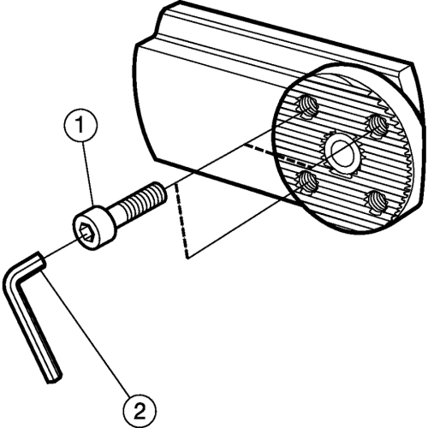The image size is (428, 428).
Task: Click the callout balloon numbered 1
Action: (x=80, y=125)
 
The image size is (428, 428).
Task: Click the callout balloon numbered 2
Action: (x=140, y=411)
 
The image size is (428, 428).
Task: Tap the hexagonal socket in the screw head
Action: (x=86, y=233)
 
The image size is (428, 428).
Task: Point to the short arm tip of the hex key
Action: (x=39, y=259)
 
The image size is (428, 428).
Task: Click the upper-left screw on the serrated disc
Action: (x=307, y=107)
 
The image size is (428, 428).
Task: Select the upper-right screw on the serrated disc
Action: (x=377, y=126)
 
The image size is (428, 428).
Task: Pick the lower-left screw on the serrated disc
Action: (x=306, y=181)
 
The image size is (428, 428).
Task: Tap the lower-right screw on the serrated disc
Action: (x=376, y=202)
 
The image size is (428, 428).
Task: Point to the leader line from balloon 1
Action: (x=88, y=173)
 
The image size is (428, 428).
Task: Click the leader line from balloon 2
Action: (x=85, y=333)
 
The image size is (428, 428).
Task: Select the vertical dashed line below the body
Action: (x=181, y=221)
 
